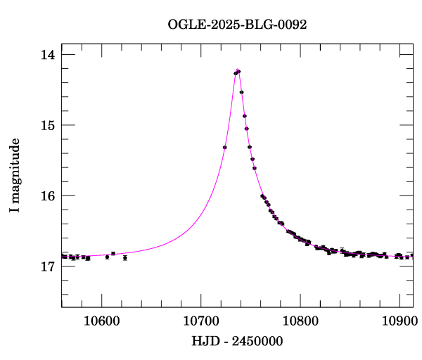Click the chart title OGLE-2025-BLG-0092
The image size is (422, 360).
(x=237, y=25)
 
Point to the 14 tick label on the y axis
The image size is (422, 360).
(x=49, y=55)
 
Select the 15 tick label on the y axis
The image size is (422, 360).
(x=49, y=125)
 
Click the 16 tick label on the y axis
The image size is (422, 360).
(x=49, y=195)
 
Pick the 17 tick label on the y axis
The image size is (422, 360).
(x=49, y=266)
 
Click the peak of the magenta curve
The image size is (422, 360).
(x=238, y=70)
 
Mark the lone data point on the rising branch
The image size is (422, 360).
(x=224, y=147)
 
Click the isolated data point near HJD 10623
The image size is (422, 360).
(x=124, y=258)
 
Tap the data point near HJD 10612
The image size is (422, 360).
(x=113, y=253)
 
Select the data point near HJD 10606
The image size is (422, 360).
(x=107, y=257)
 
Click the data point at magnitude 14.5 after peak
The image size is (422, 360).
(x=241, y=92)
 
